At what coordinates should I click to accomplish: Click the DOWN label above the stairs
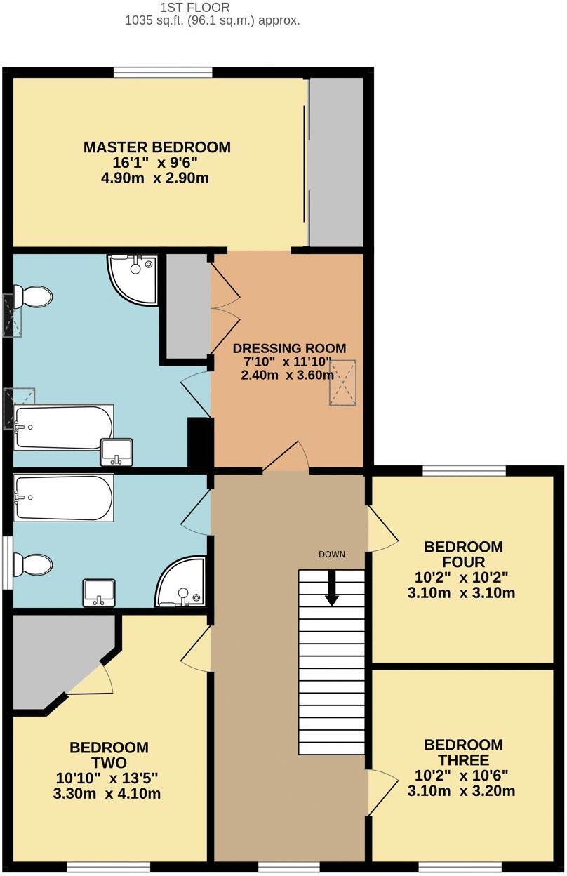[332, 555]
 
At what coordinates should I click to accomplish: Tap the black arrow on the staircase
[332, 588]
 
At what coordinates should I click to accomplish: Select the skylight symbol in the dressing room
[342, 383]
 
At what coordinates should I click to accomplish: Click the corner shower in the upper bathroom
[135, 277]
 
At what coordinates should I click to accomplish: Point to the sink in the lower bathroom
[98, 593]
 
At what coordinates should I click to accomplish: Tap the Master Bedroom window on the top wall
[163, 72]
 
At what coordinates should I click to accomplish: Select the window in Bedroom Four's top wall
[464, 470]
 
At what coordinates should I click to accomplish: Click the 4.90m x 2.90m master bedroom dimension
[156, 179]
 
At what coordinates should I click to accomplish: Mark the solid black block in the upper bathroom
[200, 442]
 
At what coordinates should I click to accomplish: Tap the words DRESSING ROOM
[289, 348]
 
